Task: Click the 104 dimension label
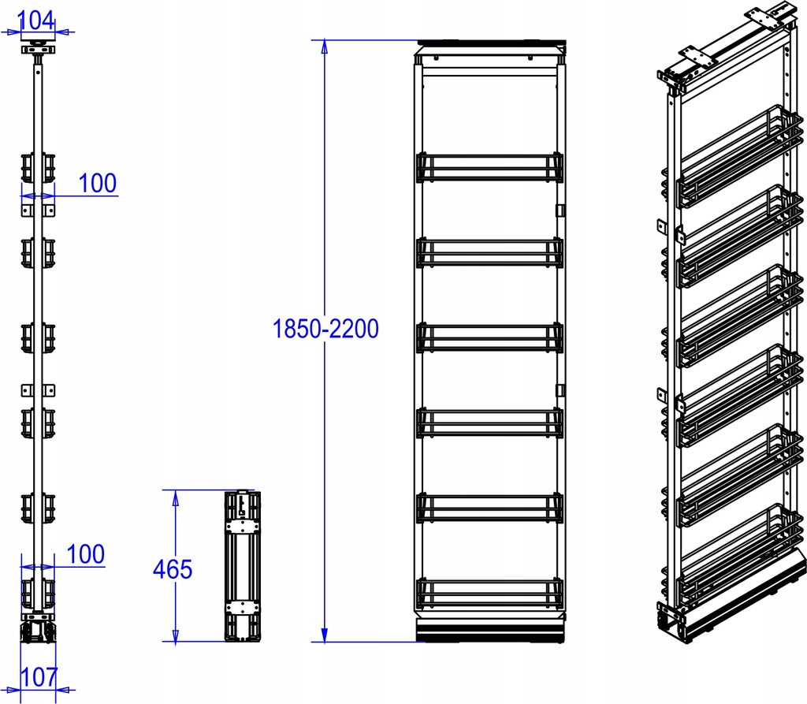35,20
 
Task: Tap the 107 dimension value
39,677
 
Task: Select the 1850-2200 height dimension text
325,329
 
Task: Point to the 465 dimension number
173,570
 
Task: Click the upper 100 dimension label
98,184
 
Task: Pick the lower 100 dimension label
86,554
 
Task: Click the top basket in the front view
489,167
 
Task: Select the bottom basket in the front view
489,593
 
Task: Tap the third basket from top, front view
489,337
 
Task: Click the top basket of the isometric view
739,157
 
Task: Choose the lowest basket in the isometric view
739,553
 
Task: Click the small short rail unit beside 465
243,566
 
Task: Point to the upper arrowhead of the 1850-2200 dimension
324,47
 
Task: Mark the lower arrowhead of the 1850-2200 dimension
324,635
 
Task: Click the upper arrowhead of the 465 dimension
176,497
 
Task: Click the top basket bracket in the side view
38,168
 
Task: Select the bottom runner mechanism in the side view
38,632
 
